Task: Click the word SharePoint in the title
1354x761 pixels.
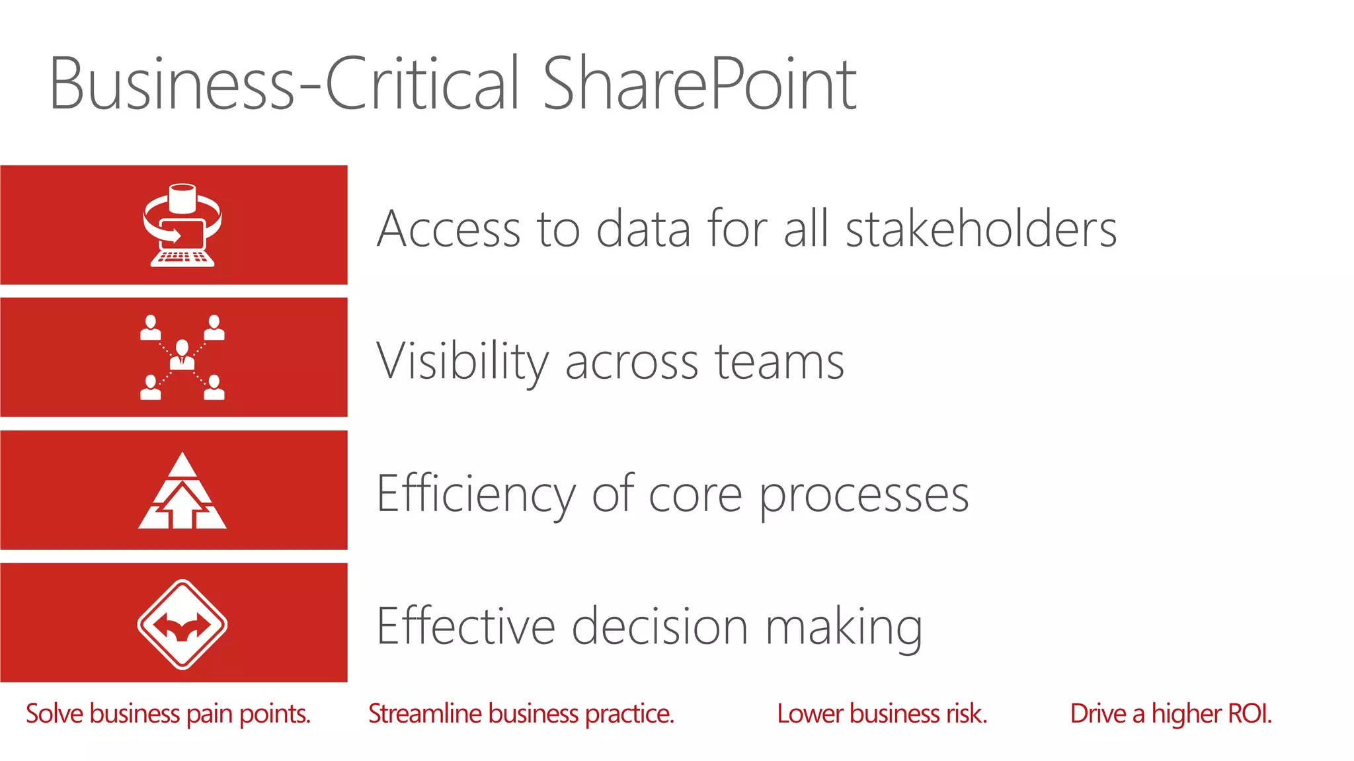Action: pyautogui.click(x=699, y=84)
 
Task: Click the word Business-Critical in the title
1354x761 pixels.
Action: pyautogui.click(x=284, y=84)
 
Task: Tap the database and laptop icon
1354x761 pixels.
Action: pyautogui.click(x=182, y=225)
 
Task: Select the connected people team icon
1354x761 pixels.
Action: pyautogui.click(x=182, y=358)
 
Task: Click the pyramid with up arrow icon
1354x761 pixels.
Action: pyautogui.click(x=182, y=491)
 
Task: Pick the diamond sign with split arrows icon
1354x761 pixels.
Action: pyautogui.click(x=182, y=624)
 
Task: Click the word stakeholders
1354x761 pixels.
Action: pyautogui.click(x=981, y=229)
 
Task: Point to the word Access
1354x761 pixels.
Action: pyautogui.click(x=449, y=229)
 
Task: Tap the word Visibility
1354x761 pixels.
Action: pyautogui.click(x=462, y=362)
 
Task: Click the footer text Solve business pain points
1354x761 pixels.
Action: pyautogui.click(x=168, y=714)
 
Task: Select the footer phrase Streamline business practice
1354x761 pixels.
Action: pyautogui.click(x=521, y=714)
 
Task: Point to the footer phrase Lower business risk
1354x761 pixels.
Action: pyautogui.click(x=882, y=714)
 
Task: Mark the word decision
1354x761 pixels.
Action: pyautogui.click(x=660, y=626)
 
